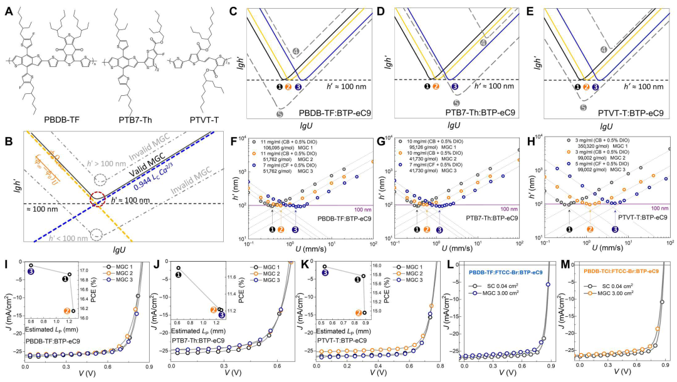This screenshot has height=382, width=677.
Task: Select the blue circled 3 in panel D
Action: pyautogui.click(x=455, y=87)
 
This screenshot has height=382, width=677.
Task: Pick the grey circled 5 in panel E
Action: pyautogui.click(x=584, y=108)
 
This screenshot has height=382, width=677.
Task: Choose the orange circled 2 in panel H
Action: pyautogui.click(x=590, y=229)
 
